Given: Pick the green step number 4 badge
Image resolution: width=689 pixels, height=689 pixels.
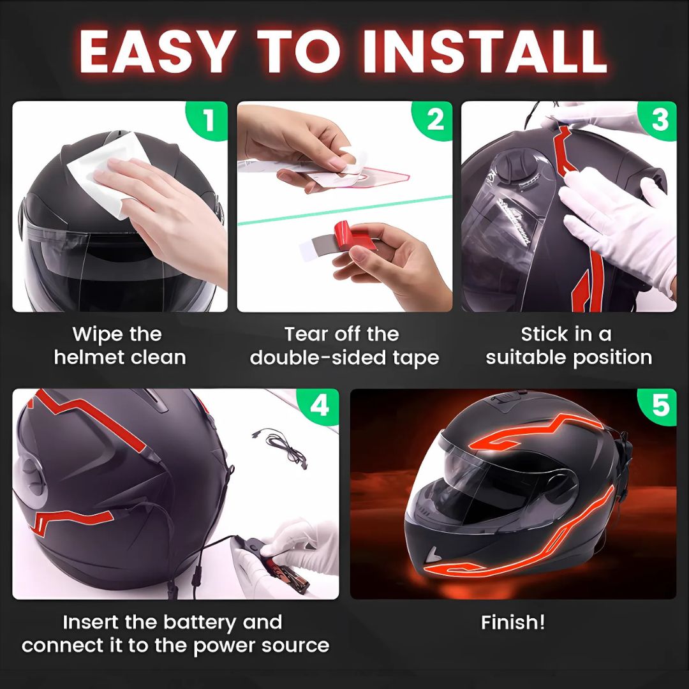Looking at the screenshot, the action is [x=320, y=406].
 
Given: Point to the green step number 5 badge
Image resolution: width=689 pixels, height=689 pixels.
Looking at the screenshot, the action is [x=658, y=406].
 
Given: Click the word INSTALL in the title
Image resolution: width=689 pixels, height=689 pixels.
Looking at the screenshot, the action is [x=485, y=52].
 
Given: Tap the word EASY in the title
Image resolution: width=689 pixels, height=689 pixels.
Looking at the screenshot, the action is [x=155, y=52].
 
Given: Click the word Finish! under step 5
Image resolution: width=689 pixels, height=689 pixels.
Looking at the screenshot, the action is [x=513, y=622].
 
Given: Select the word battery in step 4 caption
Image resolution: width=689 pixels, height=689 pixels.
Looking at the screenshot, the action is [x=200, y=623].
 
